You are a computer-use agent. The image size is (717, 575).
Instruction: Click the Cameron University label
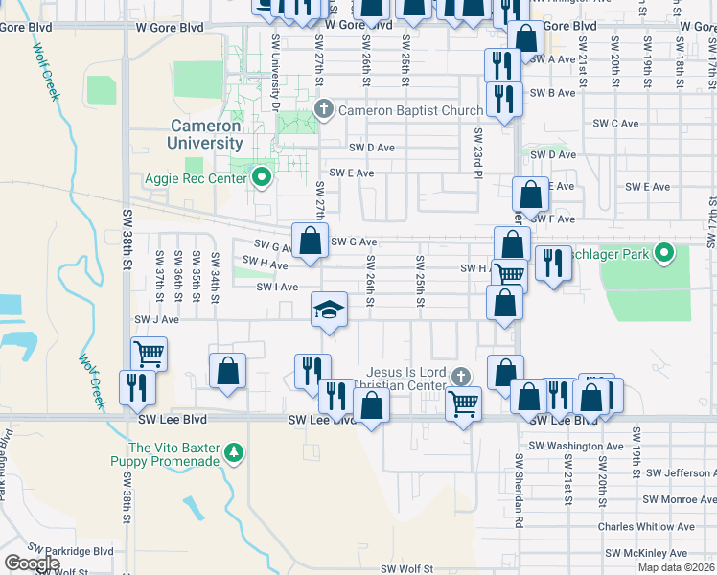(205, 134)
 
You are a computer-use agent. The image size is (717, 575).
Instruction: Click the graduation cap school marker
(329, 310)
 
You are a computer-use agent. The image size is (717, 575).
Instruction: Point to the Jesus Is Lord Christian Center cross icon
(462, 375)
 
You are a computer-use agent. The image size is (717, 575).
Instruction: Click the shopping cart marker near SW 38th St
(149, 354)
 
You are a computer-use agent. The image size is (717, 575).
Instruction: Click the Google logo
(32, 563)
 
